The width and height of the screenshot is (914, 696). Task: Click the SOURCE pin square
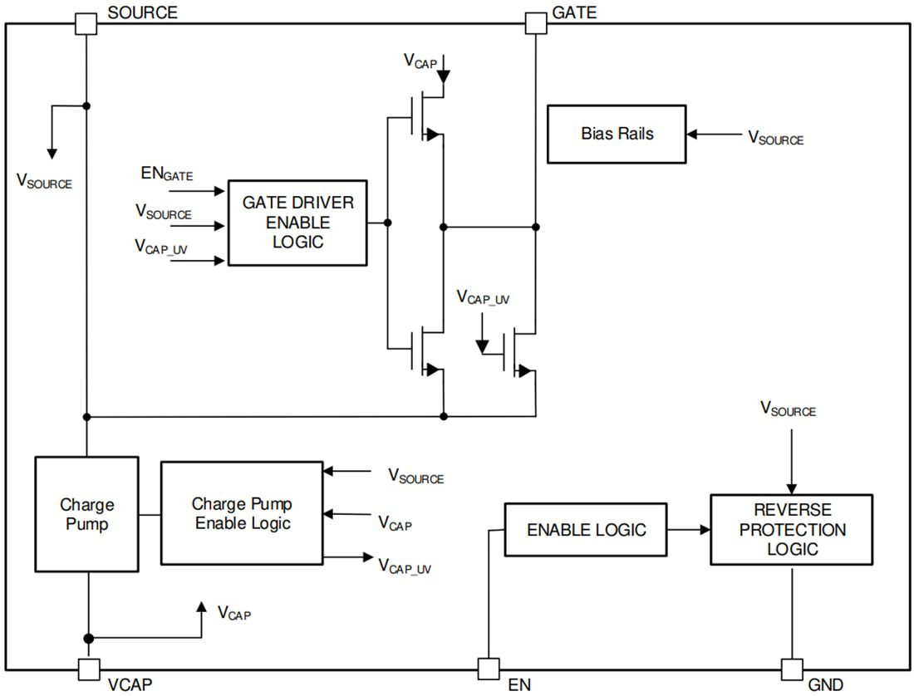click(86, 23)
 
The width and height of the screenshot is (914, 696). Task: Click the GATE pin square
click(536, 23)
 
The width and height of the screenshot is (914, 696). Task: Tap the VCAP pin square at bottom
click(89, 669)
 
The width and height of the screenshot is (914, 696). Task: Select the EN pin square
click(489, 669)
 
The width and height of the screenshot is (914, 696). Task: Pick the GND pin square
click(792, 669)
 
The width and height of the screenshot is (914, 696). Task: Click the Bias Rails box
click(617, 134)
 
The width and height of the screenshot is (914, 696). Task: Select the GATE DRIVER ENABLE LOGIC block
click(297, 223)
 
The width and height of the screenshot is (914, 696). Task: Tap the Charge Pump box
click(86, 513)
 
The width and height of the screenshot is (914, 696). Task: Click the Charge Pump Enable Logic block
click(242, 513)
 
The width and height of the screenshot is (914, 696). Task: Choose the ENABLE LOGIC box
click(586, 529)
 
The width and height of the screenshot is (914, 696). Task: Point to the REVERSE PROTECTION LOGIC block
click(791, 529)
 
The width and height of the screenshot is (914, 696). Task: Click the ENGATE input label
click(167, 174)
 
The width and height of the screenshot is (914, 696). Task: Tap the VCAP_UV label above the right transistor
click(482, 298)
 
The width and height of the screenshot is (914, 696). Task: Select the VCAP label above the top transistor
click(420, 61)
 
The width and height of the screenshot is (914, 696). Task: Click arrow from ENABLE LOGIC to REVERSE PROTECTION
click(688, 529)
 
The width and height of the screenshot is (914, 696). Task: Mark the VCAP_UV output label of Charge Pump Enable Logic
click(405, 566)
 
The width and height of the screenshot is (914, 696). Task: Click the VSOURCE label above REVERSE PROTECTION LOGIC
click(788, 409)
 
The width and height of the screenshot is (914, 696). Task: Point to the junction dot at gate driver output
click(387, 223)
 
